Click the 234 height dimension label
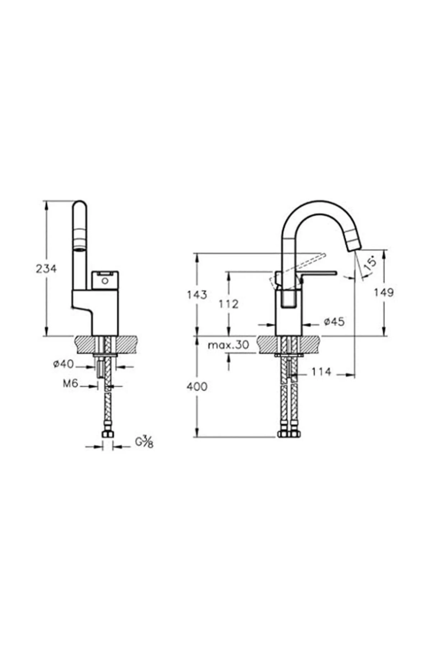[46, 268]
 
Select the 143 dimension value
[197, 295]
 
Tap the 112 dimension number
[228, 304]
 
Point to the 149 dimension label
[384, 292]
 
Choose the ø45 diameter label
[334, 322]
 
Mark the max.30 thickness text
[228, 345]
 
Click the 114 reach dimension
[321, 372]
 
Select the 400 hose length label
[197, 387]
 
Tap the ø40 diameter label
[63, 364]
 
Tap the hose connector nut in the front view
[107, 435]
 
